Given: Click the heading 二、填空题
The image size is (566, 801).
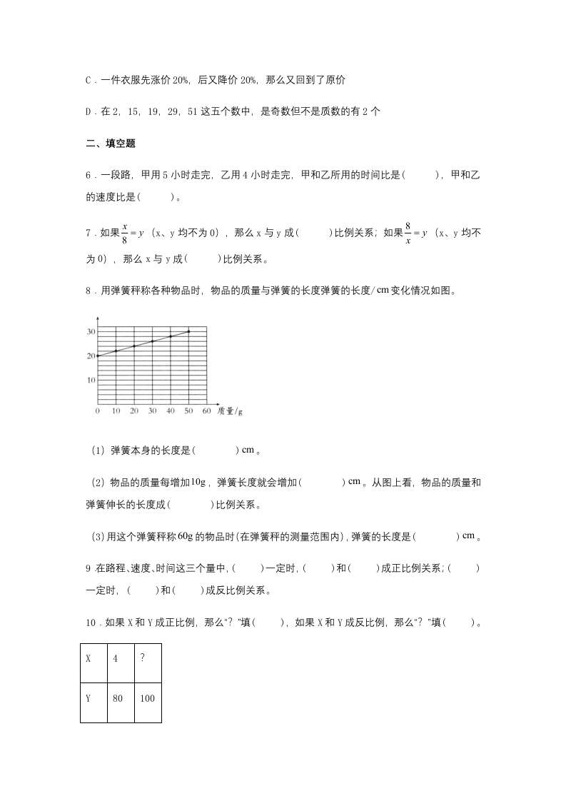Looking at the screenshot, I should pyautogui.click(x=111, y=143).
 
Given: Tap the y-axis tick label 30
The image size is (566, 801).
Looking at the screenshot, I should pyautogui.click(x=91, y=332).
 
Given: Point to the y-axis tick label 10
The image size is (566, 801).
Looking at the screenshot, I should pyautogui.click(x=91, y=380).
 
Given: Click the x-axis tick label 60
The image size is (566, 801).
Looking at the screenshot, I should pyautogui.click(x=207, y=411).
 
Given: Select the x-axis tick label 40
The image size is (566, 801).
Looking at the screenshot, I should pyautogui.click(x=171, y=411).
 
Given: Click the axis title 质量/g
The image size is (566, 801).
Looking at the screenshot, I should pyautogui.click(x=231, y=411).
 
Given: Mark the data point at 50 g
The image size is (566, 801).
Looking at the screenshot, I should pyautogui.click(x=188, y=331).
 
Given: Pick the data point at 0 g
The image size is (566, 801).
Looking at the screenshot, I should pyautogui.click(x=97, y=356).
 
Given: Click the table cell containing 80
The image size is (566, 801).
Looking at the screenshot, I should pyautogui.click(x=118, y=697).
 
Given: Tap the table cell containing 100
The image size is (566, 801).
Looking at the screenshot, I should pyautogui.click(x=148, y=697).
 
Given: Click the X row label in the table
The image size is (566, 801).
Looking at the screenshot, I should pyautogui.click(x=89, y=658).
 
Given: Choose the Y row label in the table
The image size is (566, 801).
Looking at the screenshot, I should pyautogui.click(x=89, y=697).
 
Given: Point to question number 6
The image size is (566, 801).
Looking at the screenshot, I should pyautogui.click(x=89, y=174).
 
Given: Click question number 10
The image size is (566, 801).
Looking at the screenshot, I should pyautogui.click(x=91, y=622).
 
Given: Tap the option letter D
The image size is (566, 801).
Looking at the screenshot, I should pyautogui.click(x=89, y=111).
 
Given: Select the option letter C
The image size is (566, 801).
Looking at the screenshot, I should pyautogui.click(x=89, y=81).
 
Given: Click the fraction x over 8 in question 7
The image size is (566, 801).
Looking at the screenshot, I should pyautogui.click(x=124, y=233).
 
